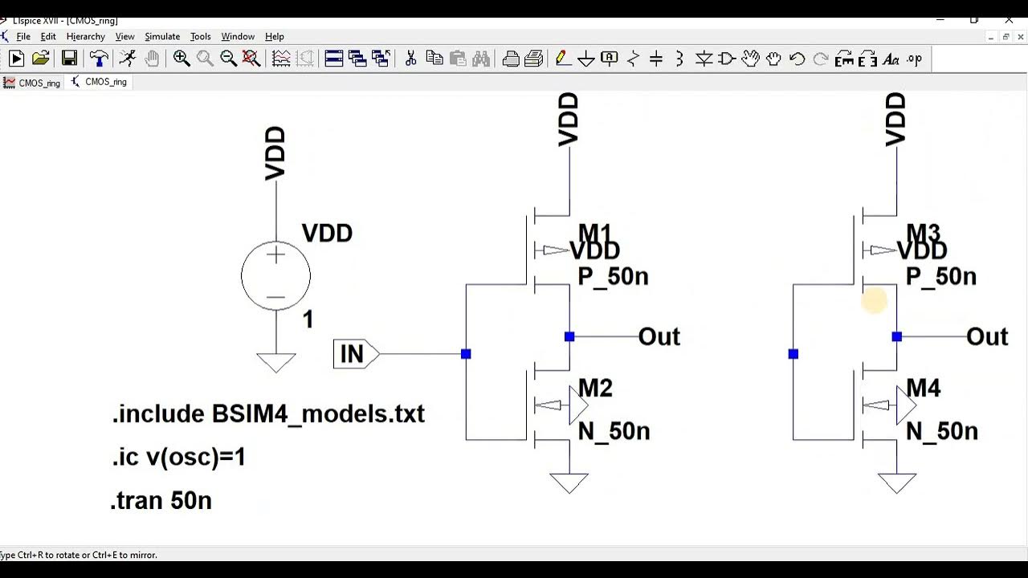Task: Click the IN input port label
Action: [352, 354]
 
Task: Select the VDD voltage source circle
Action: [275, 275]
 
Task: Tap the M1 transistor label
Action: [595, 233]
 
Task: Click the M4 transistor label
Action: [923, 389]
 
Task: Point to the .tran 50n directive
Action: [161, 501]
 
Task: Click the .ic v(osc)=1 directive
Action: [179, 458]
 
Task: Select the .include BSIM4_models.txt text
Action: [268, 414]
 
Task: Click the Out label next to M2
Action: [659, 337]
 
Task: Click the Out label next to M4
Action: [987, 337]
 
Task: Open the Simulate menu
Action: [162, 36]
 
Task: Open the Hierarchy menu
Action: [85, 36]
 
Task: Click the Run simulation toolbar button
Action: [16, 58]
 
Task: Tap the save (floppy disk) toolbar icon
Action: [70, 58]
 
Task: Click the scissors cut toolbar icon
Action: [410, 58]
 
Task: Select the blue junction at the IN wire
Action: [466, 354]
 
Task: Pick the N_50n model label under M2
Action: [614, 432]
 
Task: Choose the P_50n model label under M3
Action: [940, 277]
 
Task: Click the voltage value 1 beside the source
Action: [308, 320]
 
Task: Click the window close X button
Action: [1010, 20]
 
